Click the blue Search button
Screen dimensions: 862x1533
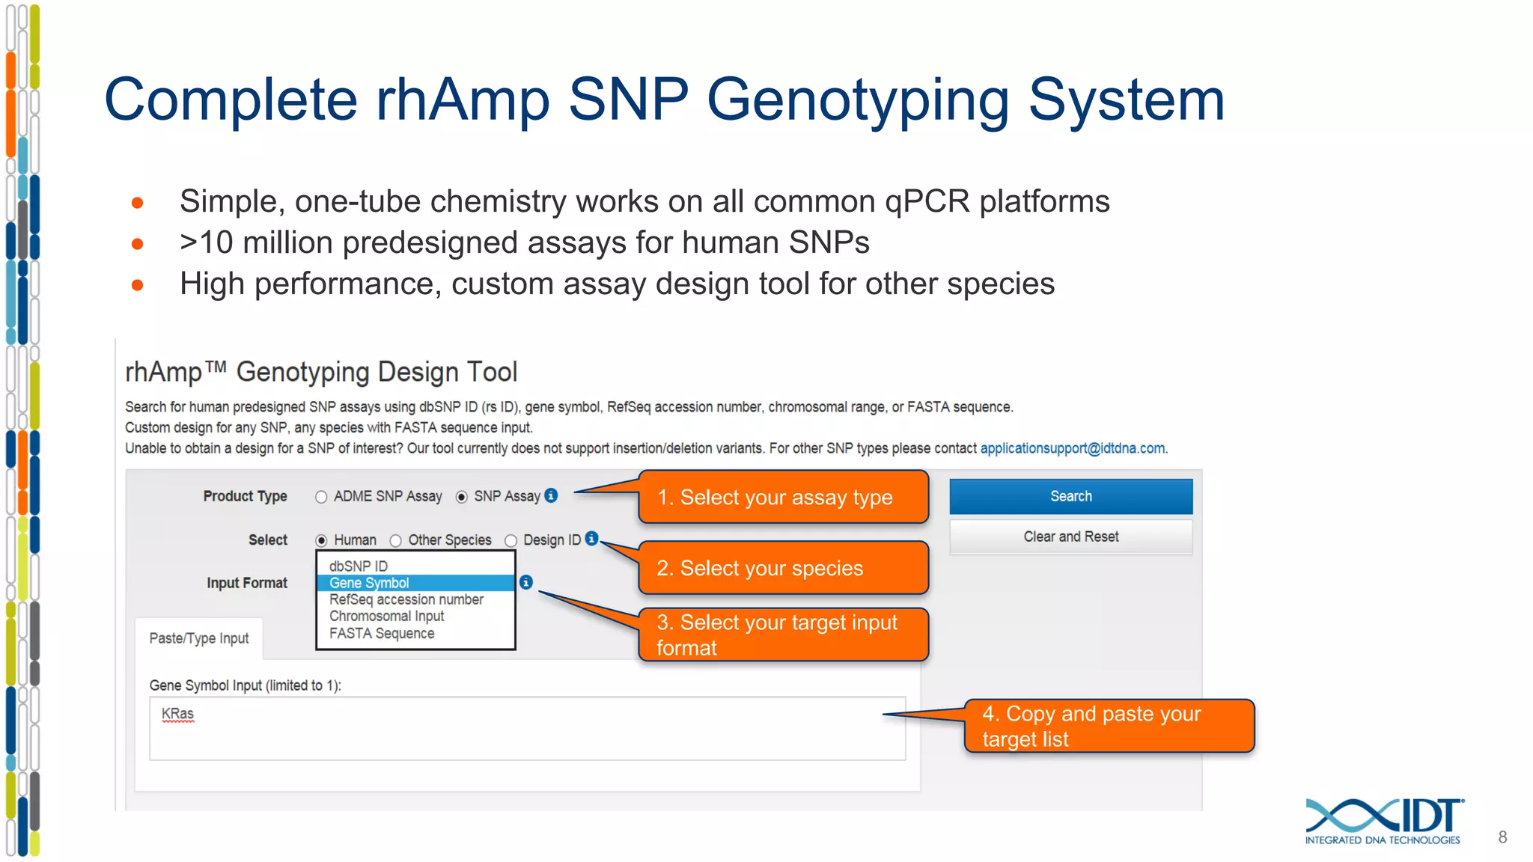click(x=1070, y=496)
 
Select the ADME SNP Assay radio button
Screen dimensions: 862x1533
click(x=321, y=497)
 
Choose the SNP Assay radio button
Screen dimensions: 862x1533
click(x=462, y=497)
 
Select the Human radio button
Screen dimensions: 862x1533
click(x=321, y=540)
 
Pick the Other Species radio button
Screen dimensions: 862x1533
click(x=395, y=540)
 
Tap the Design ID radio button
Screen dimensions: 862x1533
click(x=511, y=540)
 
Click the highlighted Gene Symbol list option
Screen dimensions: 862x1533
click(x=415, y=583)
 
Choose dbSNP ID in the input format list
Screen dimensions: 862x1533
click(x=359, y=566)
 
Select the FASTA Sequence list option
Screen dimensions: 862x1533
click(x=382, y=633)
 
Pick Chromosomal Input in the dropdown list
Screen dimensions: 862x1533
click(x=386, y=616)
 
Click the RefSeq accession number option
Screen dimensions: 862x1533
click(x=406, y=599)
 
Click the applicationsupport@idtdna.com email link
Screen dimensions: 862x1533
click(x=1072, y=448)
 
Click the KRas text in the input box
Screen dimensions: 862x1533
click(x=177, y=714)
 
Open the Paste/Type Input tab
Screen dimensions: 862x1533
click(x=199, y=638)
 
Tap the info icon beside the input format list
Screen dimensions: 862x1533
click(x=526, y=582)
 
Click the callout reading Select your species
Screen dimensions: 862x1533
click(x=782, y=568)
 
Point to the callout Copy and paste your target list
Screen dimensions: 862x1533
click(x=1108, y=726)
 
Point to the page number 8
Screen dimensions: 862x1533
click(x=1502, y=837)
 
